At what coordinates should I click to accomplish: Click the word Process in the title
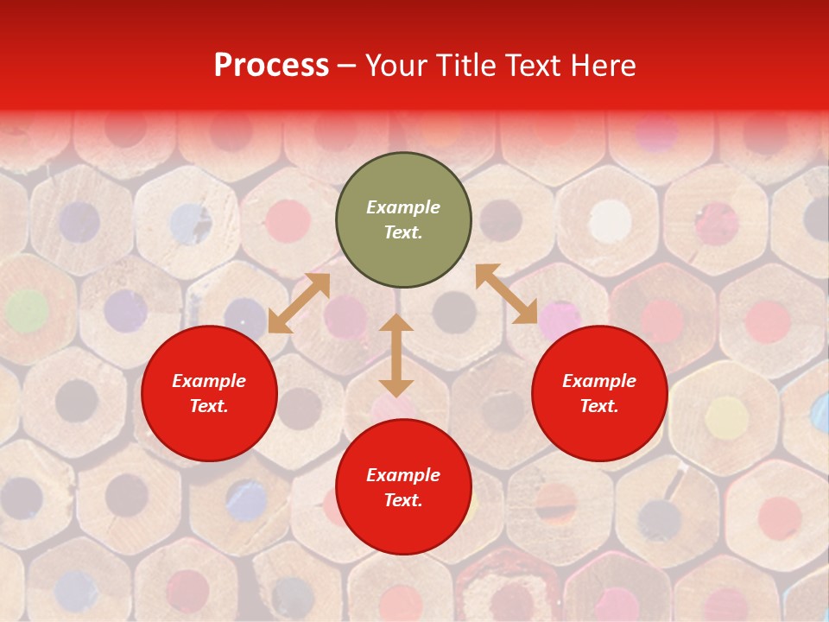[x=271, y=66]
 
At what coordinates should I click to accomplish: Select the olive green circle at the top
[x=403, y=220]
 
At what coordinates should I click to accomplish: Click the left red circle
[x=209, y=394]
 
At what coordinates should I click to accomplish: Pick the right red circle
[x=599, y=394]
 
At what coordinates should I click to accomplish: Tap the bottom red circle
[x=403, y=487]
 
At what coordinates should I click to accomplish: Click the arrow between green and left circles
[x=299, y=303]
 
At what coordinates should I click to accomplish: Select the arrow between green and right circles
[x=507, y=294]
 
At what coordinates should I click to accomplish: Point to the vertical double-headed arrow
[x=396, y=355]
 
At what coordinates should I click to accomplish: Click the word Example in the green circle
[x=403, y=207]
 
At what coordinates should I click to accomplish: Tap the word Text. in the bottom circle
[x=403, y=500]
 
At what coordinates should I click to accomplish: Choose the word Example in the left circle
[x=209, y=381]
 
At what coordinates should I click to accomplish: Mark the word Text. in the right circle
[x=599, y=406]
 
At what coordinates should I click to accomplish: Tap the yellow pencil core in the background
[x=726, y=416]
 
